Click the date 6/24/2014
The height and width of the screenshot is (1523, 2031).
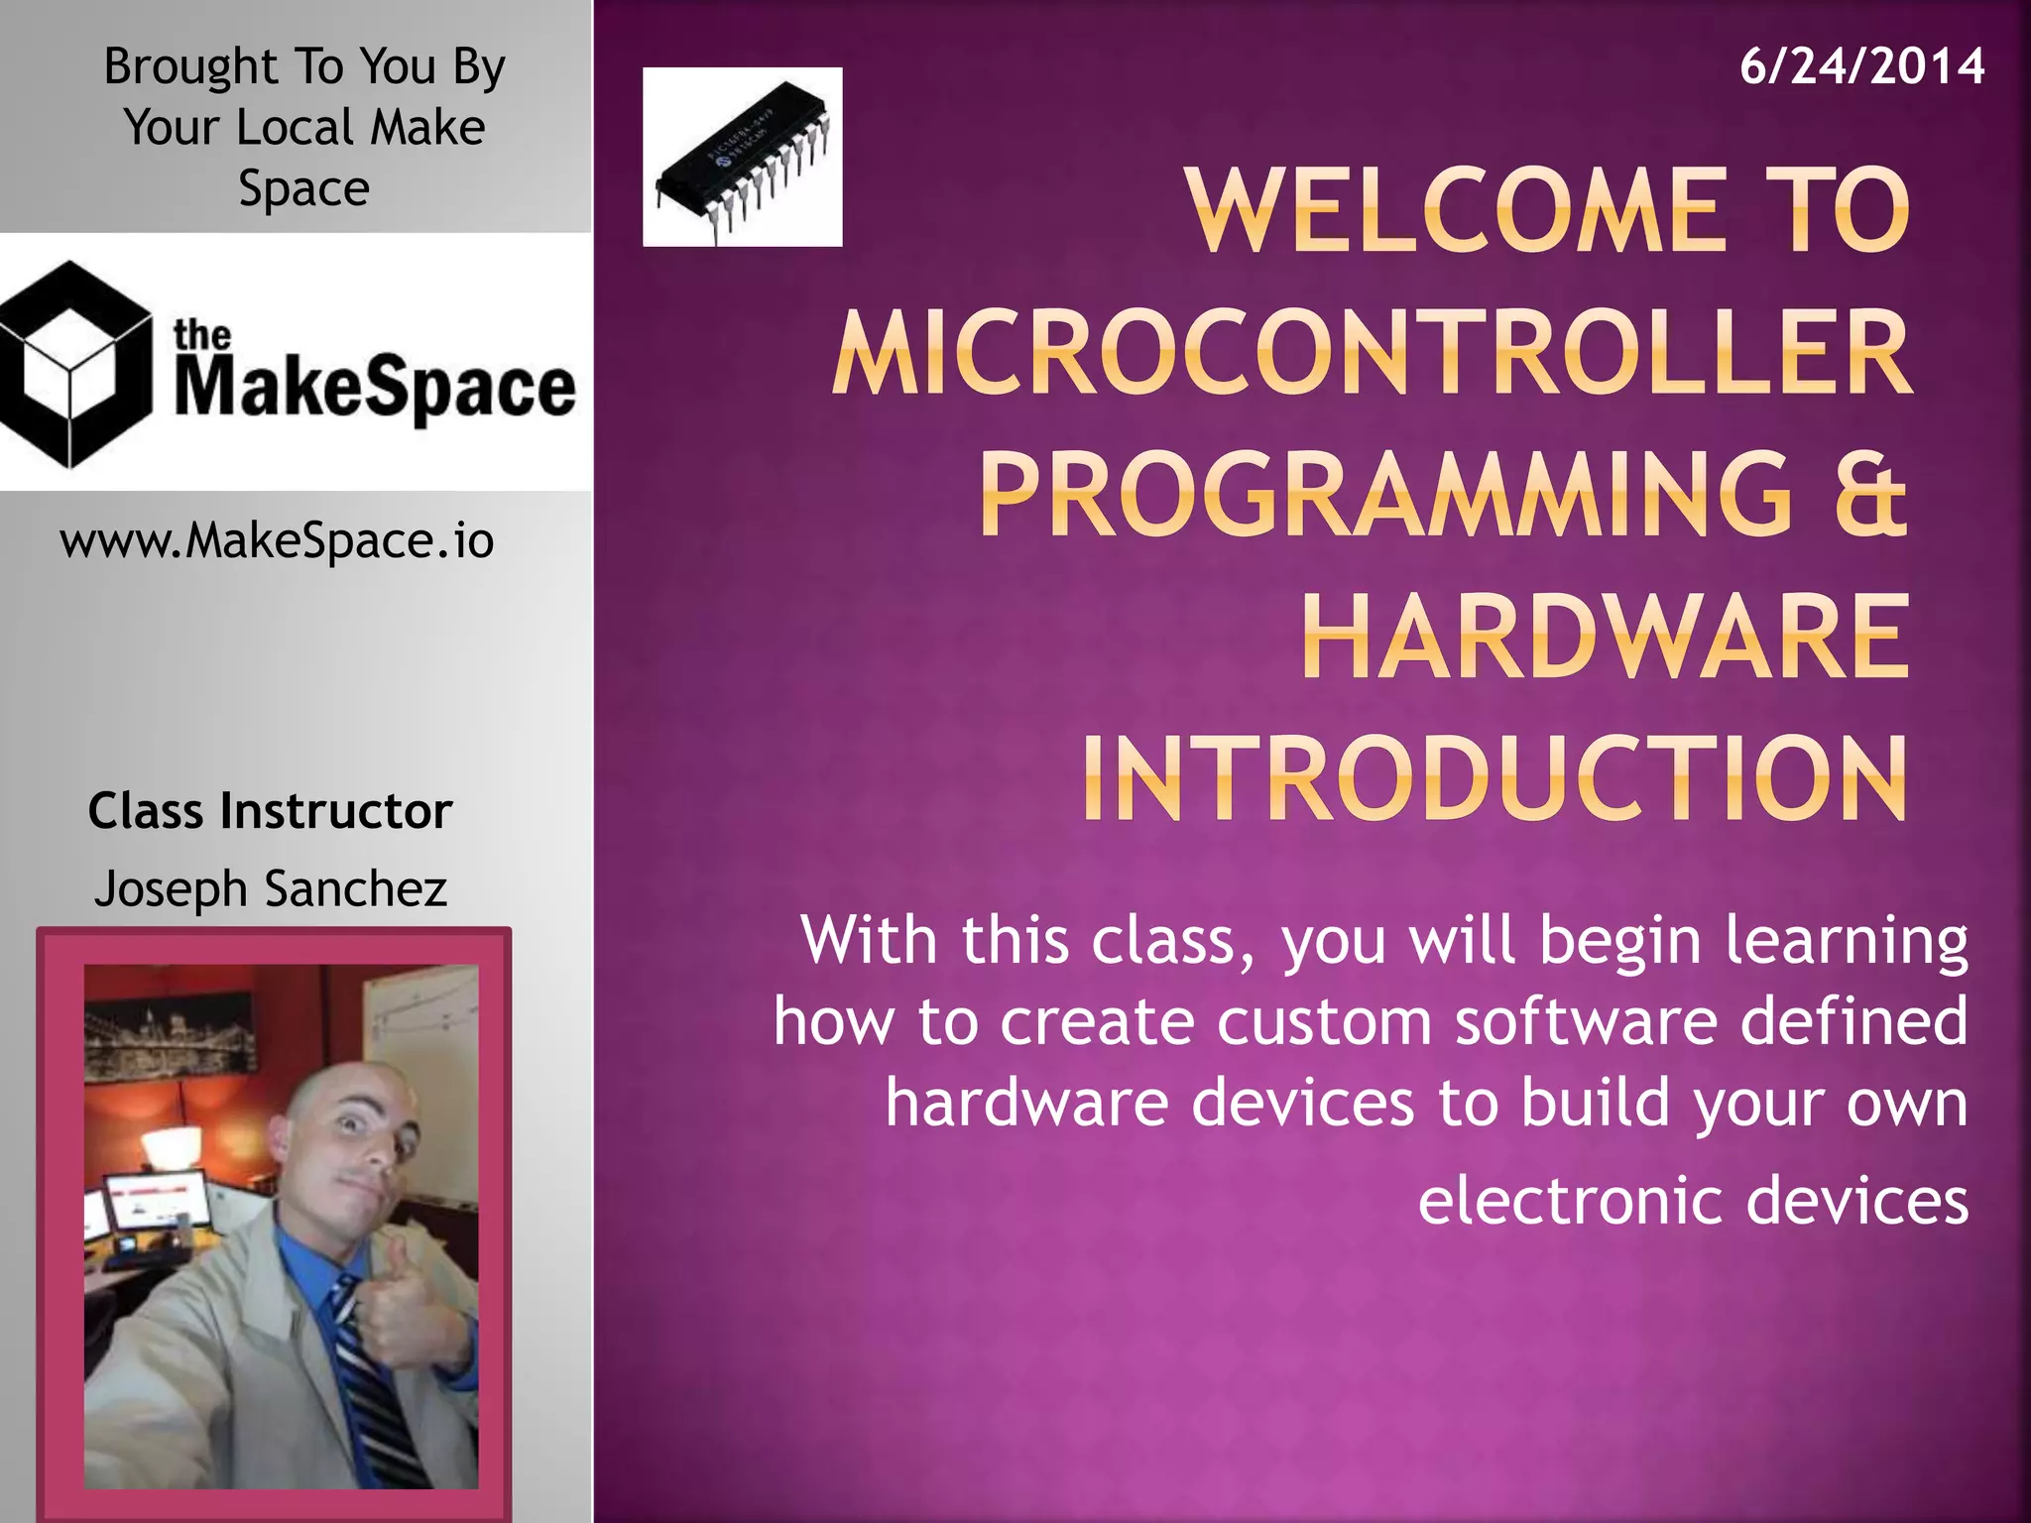coord(1861,66)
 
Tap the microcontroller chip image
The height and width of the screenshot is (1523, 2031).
coord(742,157)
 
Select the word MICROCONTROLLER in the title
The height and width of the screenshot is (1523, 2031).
coord(1372,353)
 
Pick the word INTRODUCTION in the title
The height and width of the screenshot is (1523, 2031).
coord(1494,778)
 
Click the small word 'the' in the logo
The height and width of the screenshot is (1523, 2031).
coord(201,335)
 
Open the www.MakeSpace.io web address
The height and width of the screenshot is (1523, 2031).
coord(277,541)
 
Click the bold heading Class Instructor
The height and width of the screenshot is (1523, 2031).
coord(270,811)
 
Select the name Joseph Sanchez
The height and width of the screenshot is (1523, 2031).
coord(270,888)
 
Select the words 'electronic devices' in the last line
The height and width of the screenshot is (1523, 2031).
coord(1692,1201)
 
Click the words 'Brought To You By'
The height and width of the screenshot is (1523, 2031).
coord(303,66)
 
